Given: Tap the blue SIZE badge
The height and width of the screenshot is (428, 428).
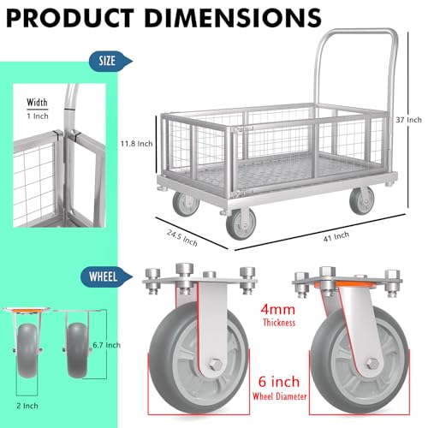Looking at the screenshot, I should (x=107, y=60).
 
